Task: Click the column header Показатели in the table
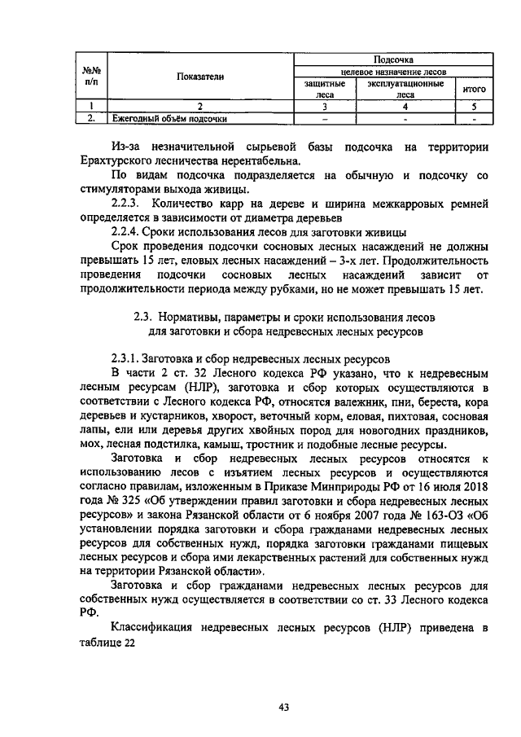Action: tap(199, 77)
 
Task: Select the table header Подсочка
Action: tap(393, 60)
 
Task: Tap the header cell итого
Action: tap(474, 88)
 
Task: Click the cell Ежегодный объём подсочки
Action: tap(169, 118)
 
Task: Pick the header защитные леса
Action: tap(325, 88)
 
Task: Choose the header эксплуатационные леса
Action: tap(405, 88)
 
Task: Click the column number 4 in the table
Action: tap(405, 106)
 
